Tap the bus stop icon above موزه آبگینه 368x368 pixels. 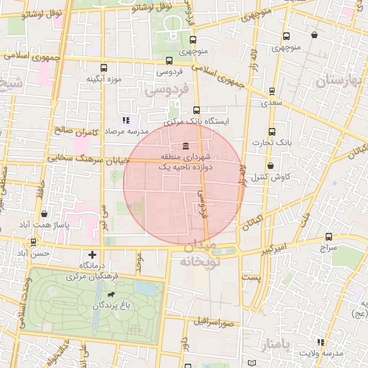click(x=103, y=67)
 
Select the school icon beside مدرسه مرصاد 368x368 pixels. click(x=125, y=120)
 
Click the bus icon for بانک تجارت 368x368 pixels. click(x=272, y=132)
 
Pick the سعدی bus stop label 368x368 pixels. click(x=271, y=103)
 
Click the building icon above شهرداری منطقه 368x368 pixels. click(x=186, y=145)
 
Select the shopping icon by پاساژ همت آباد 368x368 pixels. click(x=45, y=213)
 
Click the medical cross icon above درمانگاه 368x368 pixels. click(x=92, y=254)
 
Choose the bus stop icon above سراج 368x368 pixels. click(x=328, y=236)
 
